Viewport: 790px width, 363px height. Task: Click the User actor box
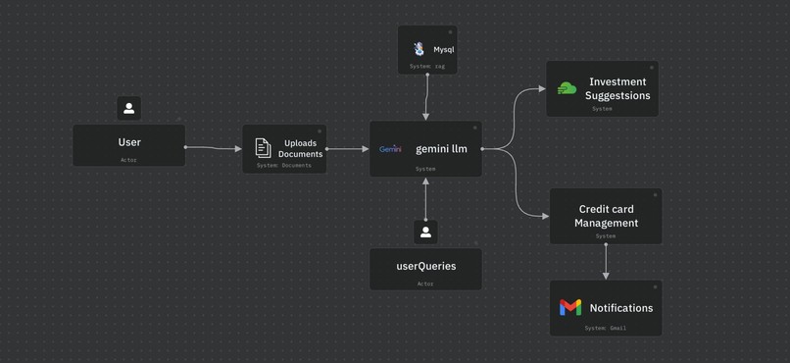[128, 145]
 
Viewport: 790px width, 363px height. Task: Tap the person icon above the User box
[128, 108]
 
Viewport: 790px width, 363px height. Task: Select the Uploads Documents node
[284, 148]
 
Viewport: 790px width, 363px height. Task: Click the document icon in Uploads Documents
[263, 147]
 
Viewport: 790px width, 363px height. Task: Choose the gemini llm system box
[425, 149]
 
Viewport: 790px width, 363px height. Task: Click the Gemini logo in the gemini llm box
[390, 149]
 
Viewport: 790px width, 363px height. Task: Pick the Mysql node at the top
[427, 49]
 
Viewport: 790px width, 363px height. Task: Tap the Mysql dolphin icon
[419, 49]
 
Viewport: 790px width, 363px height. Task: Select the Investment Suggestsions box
[602, 89]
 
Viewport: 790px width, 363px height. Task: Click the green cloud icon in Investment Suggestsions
[567, 88]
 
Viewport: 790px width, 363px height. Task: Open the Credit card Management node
[606, 216]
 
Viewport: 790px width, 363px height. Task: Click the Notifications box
[606, 308]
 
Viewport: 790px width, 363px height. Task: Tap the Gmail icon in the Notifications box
[570, 308]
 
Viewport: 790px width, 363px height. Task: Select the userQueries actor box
[425, 268]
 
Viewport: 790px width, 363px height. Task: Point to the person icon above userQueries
[425, 233]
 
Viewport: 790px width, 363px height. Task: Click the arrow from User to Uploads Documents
[214, 149]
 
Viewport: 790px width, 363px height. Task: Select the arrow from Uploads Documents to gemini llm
[348, 149]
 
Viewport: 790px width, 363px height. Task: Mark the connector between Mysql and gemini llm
[427, 97]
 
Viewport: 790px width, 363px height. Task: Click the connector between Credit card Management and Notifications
[606, 262]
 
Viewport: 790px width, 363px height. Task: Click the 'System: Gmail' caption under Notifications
[606, 328]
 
